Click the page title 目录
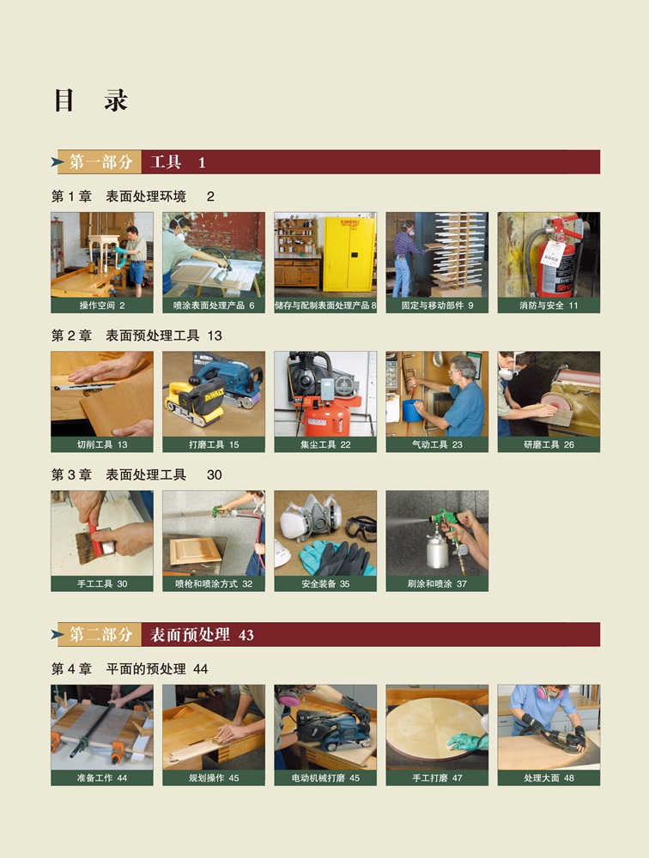tap(91, 100)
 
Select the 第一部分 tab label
tap(100, 162)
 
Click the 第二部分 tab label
tap(100, 634)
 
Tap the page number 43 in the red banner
tap(246, 635)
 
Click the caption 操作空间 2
tap(102, 305)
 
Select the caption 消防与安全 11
tap(549, 305)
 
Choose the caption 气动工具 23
tap(437, 444)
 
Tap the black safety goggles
tap(361, 528)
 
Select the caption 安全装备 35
tap(325, 583)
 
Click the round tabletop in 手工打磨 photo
tap(436, 727)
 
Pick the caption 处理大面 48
tap(549, 777)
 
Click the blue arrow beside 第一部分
tap(58, 162)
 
